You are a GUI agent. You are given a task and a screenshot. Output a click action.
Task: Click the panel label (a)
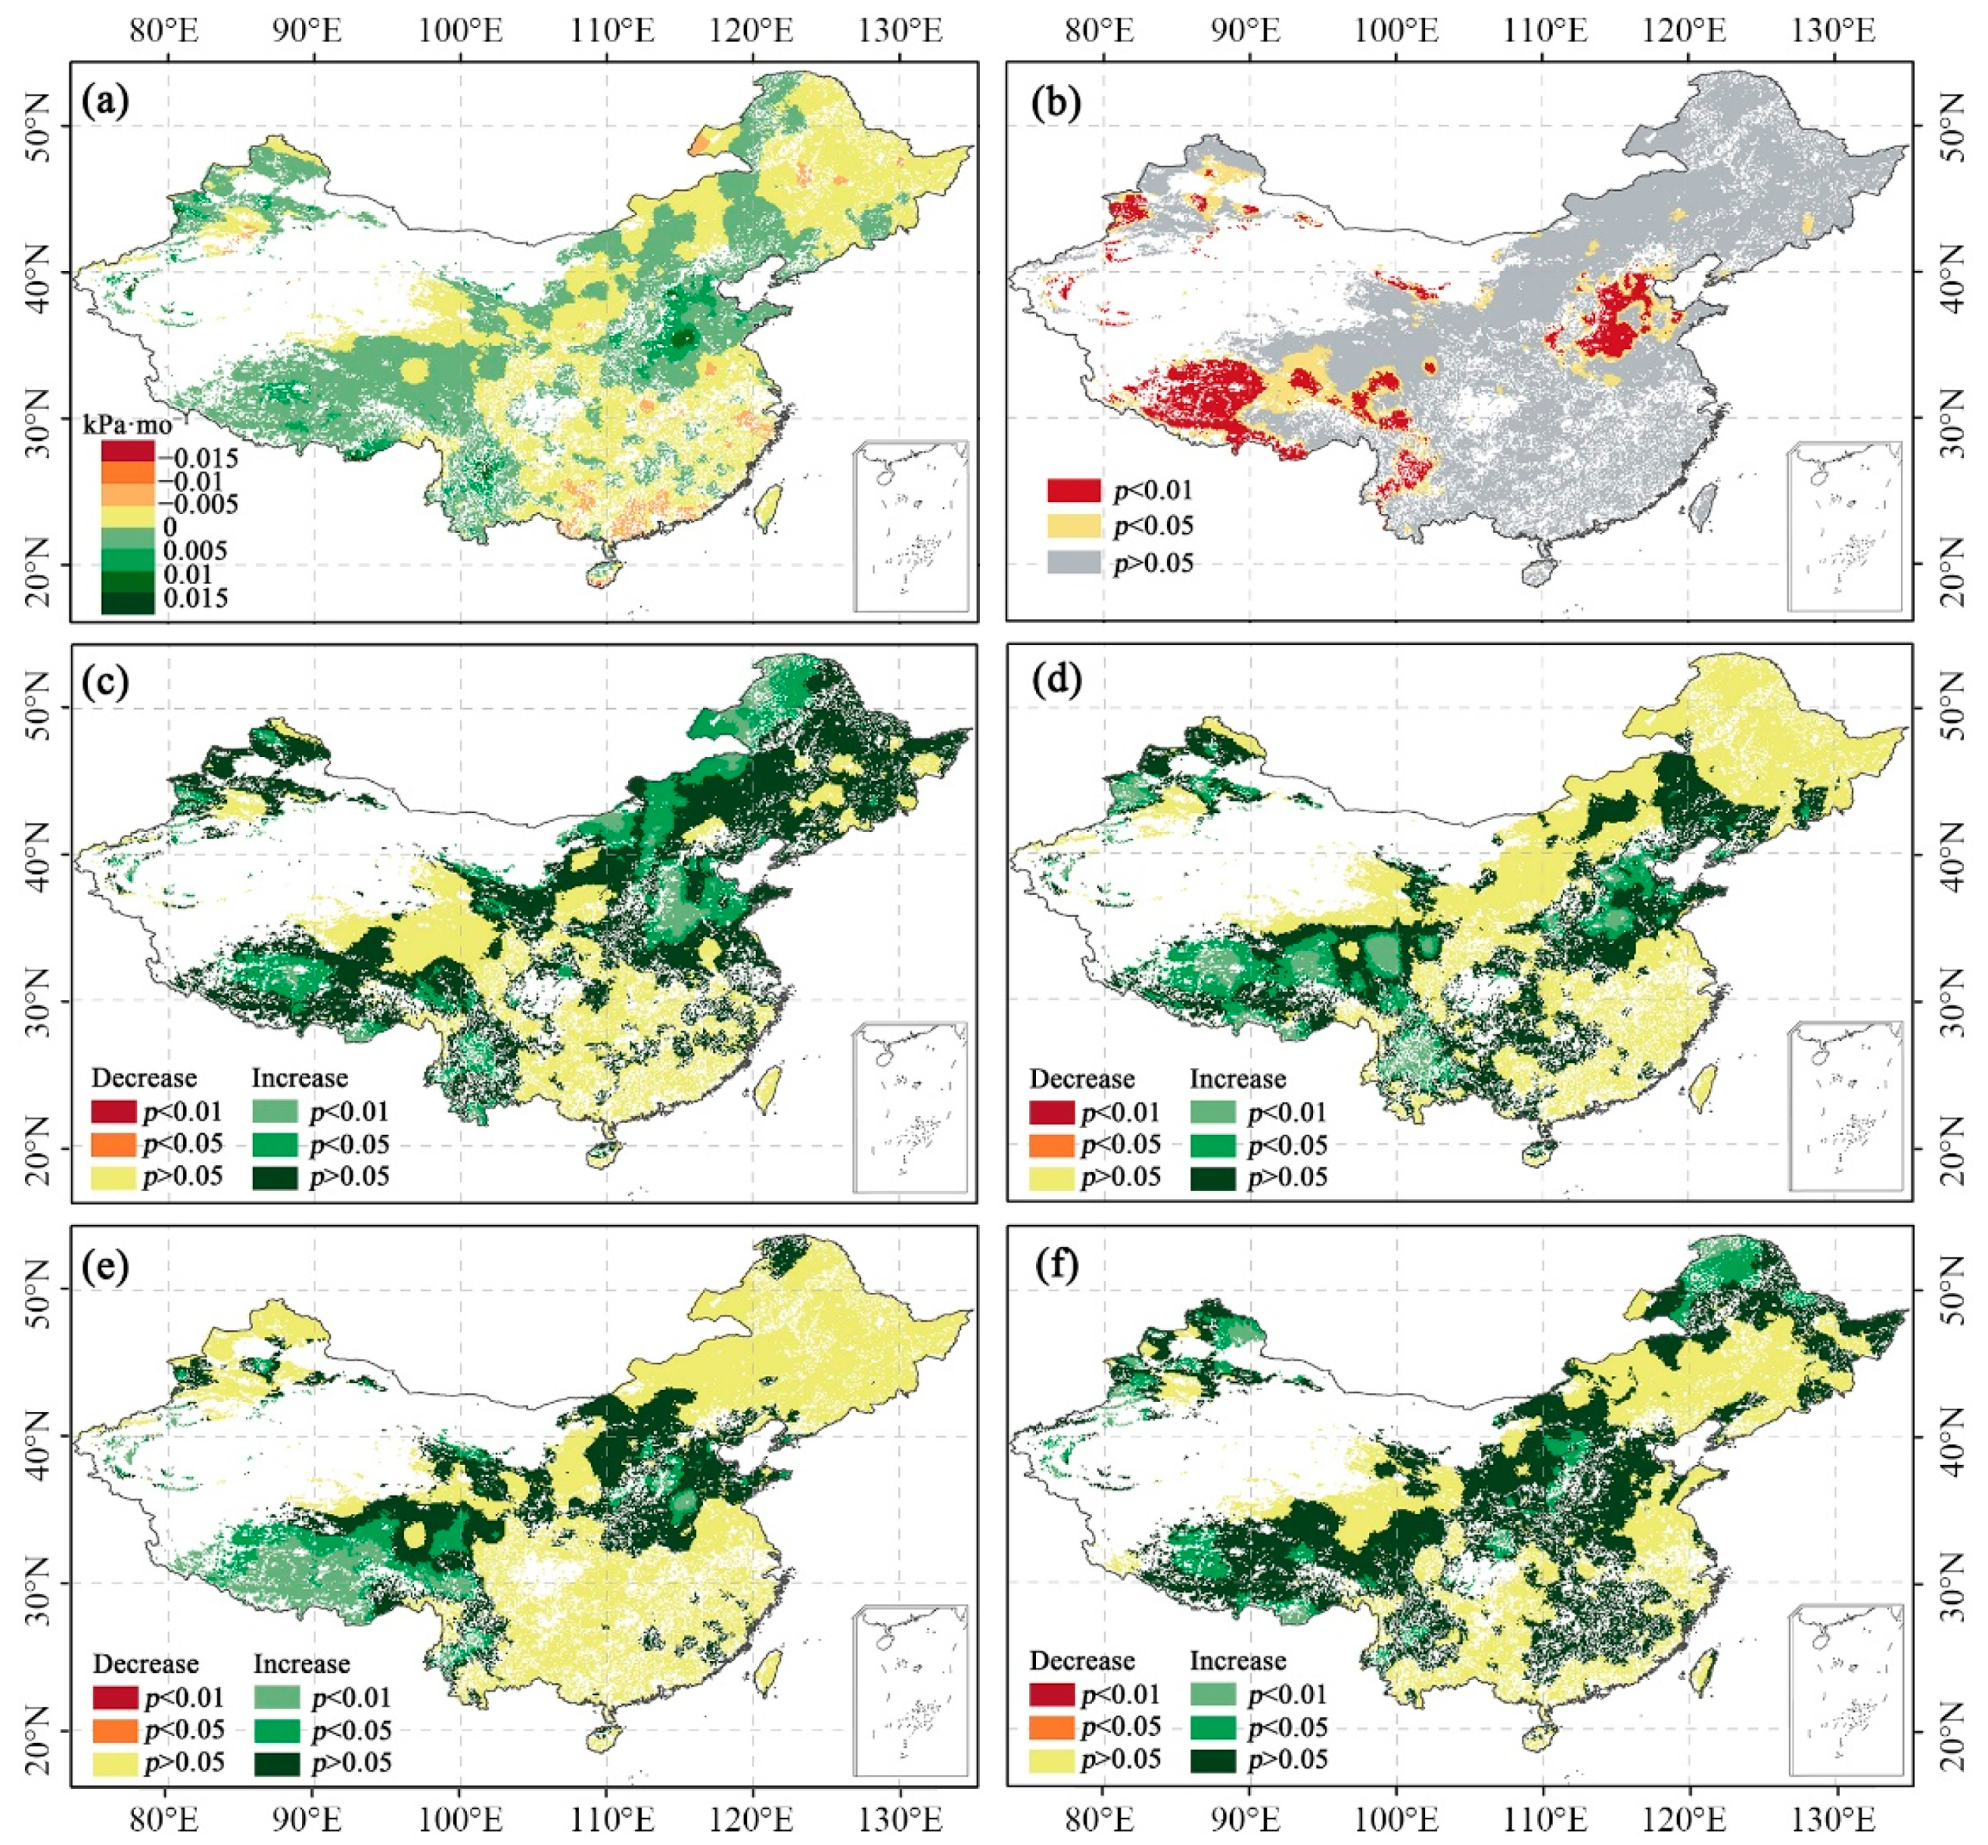(107, 102)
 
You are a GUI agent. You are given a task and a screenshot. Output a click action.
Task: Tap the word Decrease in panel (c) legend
(145, 1078)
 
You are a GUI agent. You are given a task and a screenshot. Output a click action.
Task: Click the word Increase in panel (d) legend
(1238, 1079)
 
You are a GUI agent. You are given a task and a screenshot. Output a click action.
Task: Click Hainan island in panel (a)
(599, 575)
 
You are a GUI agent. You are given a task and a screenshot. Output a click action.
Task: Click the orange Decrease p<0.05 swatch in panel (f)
(1052, 1726)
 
